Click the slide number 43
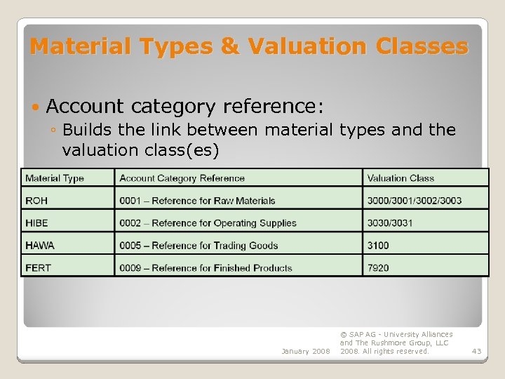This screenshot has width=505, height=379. pyautogui.click(x=477, y=351)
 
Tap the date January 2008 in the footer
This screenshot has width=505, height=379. pyautogui.click(x=305, y=351)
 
